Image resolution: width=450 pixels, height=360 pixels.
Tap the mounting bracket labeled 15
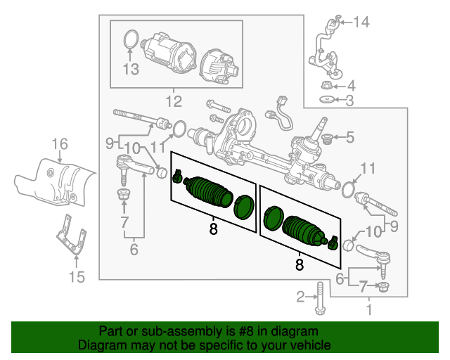coord(70,236)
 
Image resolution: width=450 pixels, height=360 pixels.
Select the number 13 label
coord(131,69)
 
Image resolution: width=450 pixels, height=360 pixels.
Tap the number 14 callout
coord(361,22)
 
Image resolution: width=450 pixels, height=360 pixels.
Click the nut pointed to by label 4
coord(326,86)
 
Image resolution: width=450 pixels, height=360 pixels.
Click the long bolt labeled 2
coord(320,298)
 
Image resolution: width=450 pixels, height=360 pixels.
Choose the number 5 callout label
coord(349,137)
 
